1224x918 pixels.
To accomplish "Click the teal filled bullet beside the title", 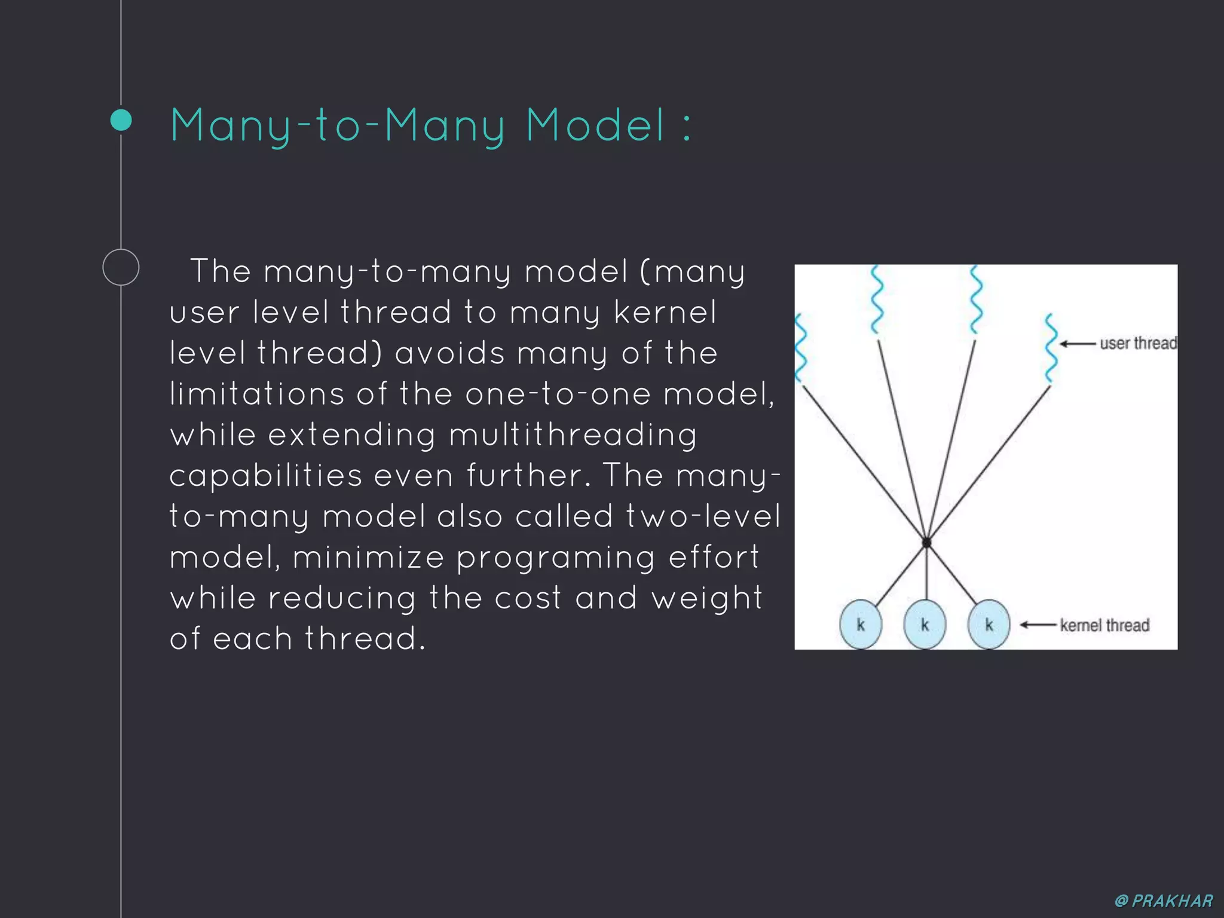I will pos(121,120).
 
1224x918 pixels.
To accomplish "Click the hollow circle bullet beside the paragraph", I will pos(121,267).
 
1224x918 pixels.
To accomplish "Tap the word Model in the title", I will pos(595,126).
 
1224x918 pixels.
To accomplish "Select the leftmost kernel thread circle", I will pos(861,625).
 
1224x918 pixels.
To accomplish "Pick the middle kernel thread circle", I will pos(925,625).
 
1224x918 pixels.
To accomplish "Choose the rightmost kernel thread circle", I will pos(989,625).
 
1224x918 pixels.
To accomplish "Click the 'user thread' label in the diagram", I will pos(1138,343).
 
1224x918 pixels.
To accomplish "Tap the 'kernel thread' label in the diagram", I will pos(1104,625).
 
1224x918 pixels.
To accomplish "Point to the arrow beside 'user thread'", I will pos(1078,344).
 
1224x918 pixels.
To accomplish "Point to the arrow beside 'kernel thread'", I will pos(1038,625).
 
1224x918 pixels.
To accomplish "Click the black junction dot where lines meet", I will pos(926,543).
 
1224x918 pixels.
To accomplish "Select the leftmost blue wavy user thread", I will pos(801,348).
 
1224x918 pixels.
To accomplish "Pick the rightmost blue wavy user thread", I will pos(1051,348).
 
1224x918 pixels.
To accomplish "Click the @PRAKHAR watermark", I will pos(1164,901).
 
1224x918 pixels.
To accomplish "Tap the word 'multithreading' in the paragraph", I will pos(573,434).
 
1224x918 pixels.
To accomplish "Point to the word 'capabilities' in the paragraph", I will pos(266,476).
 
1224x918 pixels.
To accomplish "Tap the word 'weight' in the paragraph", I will pos(707,598).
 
